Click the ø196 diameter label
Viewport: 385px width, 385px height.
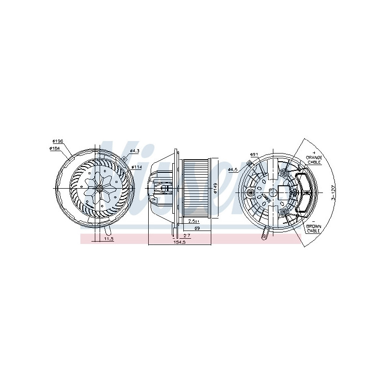[x=57, y=141]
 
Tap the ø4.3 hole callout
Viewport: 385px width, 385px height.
[x=135, y=151]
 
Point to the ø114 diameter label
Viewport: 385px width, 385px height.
[x=137, y=167]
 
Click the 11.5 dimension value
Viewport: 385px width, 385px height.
[x=108, y=239]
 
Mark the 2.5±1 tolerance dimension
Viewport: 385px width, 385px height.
[x=194, y=221]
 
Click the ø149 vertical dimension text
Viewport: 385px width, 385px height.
[x=216, y=188]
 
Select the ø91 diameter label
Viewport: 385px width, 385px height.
[x=254, y=154]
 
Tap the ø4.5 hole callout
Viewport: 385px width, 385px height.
[x=233, y=169]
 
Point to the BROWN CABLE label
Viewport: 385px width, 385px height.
[x=313, y=228]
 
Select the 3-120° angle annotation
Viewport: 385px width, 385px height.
[x=332, y=193]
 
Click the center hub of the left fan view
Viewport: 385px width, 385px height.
[x=100, y=188]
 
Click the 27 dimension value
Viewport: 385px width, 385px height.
[x=187, y=235]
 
